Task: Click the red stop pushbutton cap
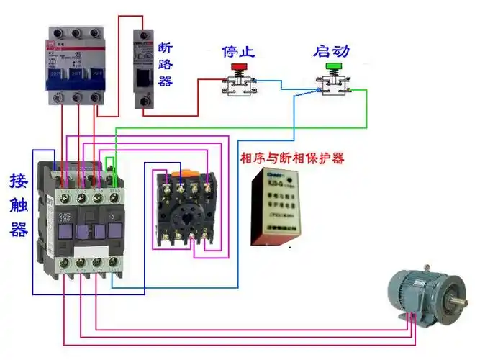coord(237,67)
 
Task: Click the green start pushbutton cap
coord(332,67)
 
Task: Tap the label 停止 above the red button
coord(238,52)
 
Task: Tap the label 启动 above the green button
coord(332,52)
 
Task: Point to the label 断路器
coord(166,65)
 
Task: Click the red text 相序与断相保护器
coord(291,157)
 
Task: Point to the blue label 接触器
coord(19,204)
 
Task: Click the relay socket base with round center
coord(186,209)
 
